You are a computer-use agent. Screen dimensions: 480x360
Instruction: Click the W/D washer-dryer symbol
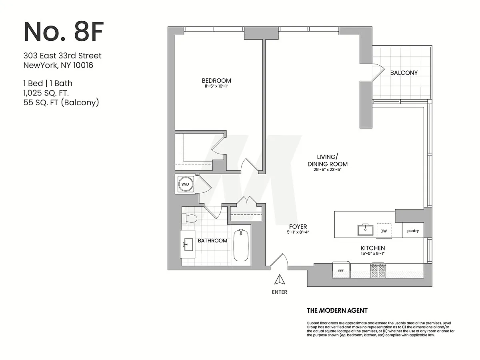coord(185,184)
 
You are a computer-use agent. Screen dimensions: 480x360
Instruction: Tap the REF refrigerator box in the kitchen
coord(341,270)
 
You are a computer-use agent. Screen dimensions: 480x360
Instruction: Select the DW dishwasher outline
coord(384,231)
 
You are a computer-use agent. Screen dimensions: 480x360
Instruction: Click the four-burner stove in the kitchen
coord(378,271)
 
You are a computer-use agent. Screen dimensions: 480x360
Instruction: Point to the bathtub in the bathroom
coord(241,245)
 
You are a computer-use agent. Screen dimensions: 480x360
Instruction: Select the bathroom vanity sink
coord(188,244)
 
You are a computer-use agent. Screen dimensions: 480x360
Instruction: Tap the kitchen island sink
coord(366,230)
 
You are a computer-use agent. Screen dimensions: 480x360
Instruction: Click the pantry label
coord(413,231)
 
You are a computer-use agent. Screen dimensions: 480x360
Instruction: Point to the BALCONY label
coord(404,73)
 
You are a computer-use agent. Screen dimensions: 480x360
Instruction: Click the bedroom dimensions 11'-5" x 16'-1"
coord(216,86)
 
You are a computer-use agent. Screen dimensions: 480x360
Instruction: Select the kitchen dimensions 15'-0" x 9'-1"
coord(373,254)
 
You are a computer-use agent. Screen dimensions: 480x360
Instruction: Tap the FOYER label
coord(298,226)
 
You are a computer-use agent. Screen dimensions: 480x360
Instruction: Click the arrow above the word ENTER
coord(280,280)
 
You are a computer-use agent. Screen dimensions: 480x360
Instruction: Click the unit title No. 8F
coord(64,32)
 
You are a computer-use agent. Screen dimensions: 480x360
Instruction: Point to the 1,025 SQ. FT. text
coord(46,93)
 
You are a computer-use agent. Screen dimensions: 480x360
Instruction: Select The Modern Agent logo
coord(337,310)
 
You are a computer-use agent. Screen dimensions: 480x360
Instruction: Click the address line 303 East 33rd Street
coord(62,56)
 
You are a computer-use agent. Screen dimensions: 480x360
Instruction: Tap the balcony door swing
coord(378,72)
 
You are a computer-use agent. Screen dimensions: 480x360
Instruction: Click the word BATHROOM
coord(212,241)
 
